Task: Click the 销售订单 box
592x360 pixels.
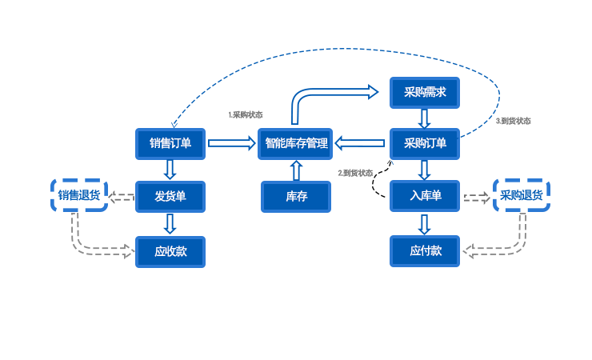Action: click(170, 144)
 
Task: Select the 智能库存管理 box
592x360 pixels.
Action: click(295, 144)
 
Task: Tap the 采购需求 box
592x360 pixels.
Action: click(424, 93)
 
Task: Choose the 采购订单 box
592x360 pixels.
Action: click(424, 144)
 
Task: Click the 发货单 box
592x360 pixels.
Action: click(170, 196)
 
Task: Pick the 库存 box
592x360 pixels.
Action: click(295, 196)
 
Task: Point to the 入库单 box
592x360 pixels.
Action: click(424, 196)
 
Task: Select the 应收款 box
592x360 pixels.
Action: click(170, 251)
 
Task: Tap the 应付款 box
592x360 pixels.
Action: click(424, 251)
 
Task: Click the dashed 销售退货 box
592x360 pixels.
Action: click(79, 195)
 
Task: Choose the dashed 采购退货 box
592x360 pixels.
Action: click(522, 195)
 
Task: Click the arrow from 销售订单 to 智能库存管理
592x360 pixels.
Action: click(231, 144)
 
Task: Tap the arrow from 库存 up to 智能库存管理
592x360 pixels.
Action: click(296, 170)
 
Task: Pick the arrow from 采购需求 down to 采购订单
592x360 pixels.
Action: click(425, 118)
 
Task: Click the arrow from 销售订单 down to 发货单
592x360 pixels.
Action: click(170, 170)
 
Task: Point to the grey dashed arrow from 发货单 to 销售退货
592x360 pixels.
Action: click(122, 197)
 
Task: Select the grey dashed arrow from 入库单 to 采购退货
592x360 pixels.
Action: click(477, 197)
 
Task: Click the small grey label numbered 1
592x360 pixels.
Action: click(246, 115)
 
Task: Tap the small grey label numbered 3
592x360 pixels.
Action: click(513, 122)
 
